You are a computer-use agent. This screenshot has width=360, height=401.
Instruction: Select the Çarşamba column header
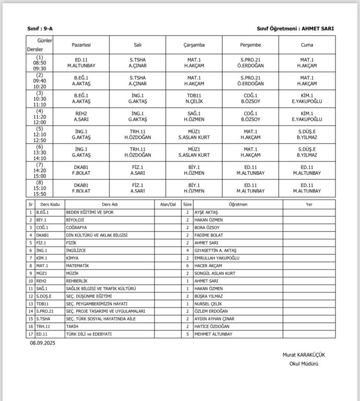pos(194,45)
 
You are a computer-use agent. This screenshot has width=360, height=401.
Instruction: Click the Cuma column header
pos(307,45)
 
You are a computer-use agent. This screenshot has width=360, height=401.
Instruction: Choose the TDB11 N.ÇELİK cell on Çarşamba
pos(194,99)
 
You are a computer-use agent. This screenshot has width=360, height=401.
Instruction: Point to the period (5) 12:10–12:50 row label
pos(40,135)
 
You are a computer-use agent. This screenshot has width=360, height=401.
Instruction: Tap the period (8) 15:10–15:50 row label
pos(40,188)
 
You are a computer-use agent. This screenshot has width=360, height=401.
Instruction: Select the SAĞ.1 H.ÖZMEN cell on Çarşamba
pos(194,117)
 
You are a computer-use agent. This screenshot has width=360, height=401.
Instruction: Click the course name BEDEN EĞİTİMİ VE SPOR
pos(90,213)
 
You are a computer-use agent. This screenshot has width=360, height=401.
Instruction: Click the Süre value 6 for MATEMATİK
pos(187,265)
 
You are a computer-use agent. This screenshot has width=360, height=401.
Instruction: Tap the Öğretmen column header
pos(238,205)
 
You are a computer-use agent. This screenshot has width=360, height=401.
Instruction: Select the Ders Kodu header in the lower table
pos(50,205)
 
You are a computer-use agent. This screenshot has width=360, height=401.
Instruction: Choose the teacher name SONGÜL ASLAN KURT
pos(214,273)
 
